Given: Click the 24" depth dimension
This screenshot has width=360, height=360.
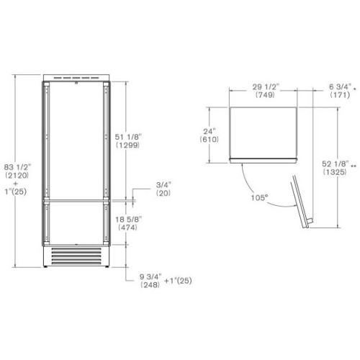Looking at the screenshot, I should pos(210,132).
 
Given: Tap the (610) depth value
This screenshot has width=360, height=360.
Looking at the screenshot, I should pos(210,140).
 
